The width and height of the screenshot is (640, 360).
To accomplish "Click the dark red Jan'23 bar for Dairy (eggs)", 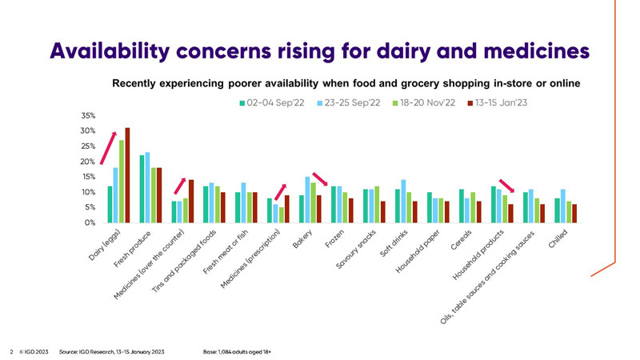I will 127,175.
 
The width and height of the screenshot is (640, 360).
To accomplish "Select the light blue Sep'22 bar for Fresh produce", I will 148,187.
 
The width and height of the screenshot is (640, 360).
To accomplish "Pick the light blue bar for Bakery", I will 307,199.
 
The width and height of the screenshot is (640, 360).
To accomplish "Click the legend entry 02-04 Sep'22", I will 269,102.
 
